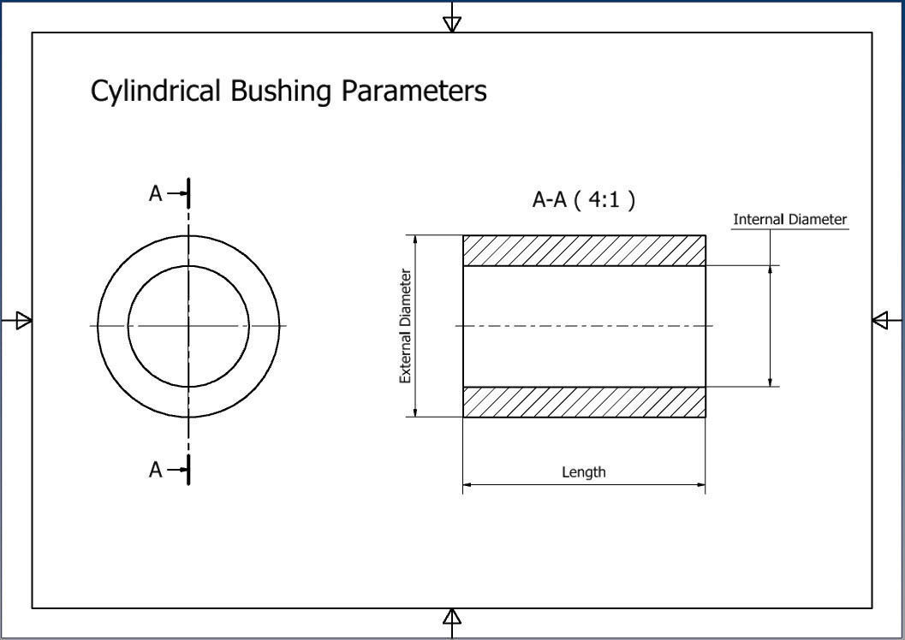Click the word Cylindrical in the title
[x=157, y=91]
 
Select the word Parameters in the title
[x=414, y=91]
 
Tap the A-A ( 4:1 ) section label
[x=584, y=200]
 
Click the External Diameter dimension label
[x=406, y=326]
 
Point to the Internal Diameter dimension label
[x=789, y=220]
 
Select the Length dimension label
[x=584, y=471]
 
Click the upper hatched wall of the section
[x=585, y=251]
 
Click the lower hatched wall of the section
[x=585, y=402]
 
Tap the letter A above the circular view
[x=155, y=194]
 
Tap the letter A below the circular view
[x=155, y=470]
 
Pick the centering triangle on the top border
[x=452, y=23]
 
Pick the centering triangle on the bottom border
[x=452, y=617]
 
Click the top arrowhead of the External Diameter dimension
[x=415, y=240]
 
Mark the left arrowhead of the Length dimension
[x=468, y=485]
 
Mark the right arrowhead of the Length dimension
[x=700, y=485]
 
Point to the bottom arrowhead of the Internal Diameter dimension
[x=770, y=381]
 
